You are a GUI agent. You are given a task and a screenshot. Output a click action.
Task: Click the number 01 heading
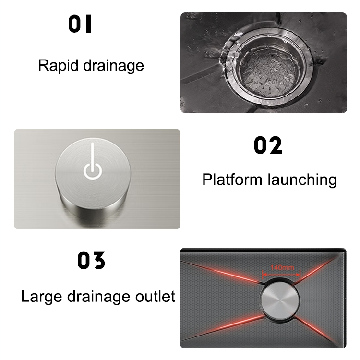click(x=80, y=25)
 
